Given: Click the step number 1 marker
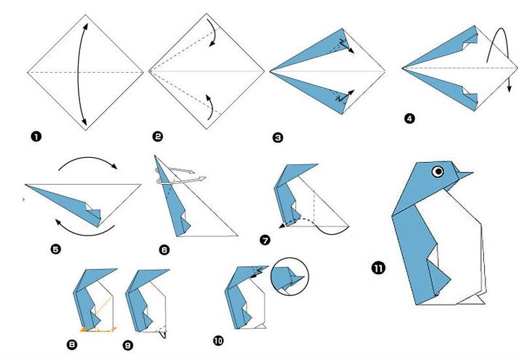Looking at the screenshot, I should click(34, 135).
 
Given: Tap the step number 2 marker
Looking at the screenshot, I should click(157, 135).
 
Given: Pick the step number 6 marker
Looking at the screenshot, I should click(164, 249).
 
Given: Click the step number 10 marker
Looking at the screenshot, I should click(218, 340).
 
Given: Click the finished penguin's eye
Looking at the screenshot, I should click(437, 172).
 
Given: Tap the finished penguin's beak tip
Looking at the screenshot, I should click(472, 174).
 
